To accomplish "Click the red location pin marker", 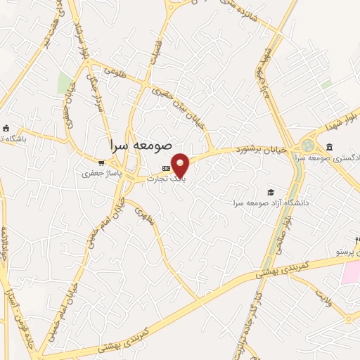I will pos(181,165).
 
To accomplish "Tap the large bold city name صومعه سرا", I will pos(141,144).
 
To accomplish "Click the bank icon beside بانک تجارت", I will pos(166,168).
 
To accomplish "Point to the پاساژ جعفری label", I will pos(97,172).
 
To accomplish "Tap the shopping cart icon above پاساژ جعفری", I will pos(101,161).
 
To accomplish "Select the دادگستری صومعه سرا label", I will pos(329,157).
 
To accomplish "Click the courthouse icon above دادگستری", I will pos(329,146).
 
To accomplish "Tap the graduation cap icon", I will pos(271,192).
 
